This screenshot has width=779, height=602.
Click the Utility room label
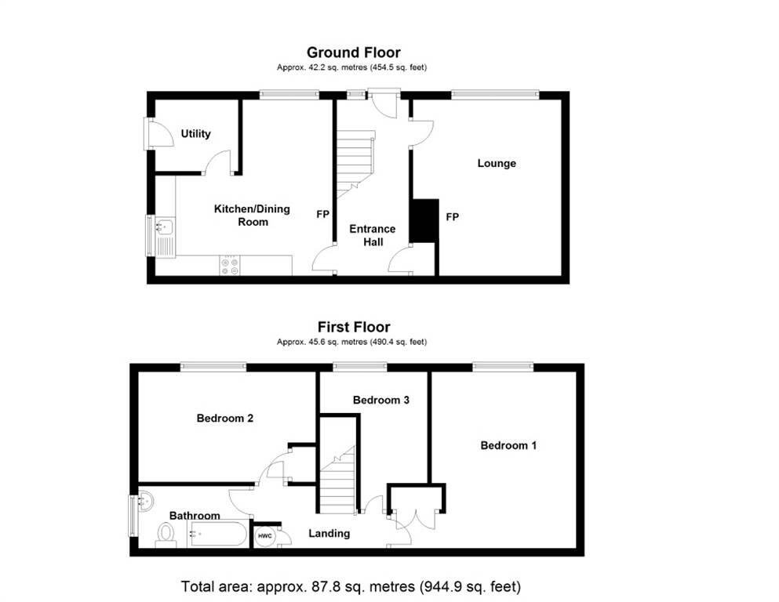click(x=195, y=133)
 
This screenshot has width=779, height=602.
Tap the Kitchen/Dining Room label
click(x=252, y=216)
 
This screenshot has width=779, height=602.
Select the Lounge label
click(x=497, y=163)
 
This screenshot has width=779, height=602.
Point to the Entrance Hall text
click(x=373, y=235)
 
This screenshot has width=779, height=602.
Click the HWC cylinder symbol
click(x=265, y=536)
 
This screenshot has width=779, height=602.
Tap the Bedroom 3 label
click(x=381, y=400)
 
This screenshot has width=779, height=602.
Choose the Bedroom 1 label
click(x=508, y=445)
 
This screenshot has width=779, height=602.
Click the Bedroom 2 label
click(x=225, y=419)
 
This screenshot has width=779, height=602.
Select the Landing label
click(x=329, y=534)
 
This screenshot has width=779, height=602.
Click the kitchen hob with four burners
click(x=229, y=265)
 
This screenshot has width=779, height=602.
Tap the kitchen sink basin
click(x=165, y=227)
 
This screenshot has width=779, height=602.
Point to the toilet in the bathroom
click(x=166, y=535)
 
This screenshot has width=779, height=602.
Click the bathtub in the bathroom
click(x=217, y=534)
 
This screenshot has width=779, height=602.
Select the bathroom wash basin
click(x=147, y=501)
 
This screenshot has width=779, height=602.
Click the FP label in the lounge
click(x=452, y=217)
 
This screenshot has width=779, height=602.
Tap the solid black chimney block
click(x=424, y=220)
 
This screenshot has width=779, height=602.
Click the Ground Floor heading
click(x=354, y=52)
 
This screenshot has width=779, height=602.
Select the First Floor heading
click(x=354, y=327)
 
